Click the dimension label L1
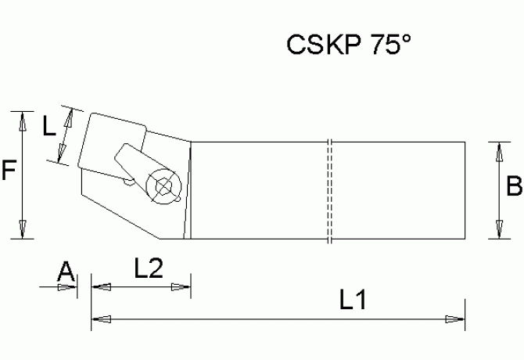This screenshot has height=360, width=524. [354, 301]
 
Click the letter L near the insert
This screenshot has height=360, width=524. [48, 126]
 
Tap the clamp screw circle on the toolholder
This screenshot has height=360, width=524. [164, 185]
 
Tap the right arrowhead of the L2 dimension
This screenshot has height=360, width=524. [181, 287]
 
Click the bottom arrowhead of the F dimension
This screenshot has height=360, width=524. [23, 229]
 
